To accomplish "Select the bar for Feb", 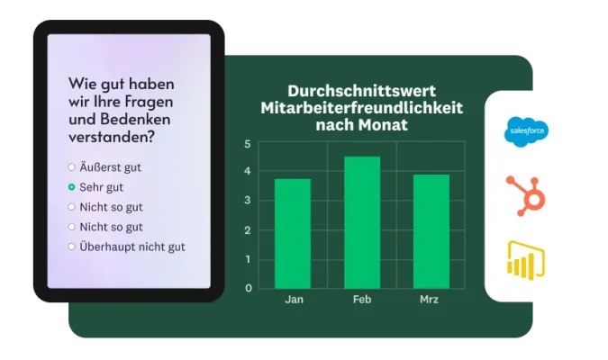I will tap(361, 222).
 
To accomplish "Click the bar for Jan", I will tap(292, 234).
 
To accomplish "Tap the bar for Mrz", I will tap(431, 231).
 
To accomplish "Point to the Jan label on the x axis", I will tap(293, 300).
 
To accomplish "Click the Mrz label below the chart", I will tap(431, 300).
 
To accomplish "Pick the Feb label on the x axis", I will tap(361, 300).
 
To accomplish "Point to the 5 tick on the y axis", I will tap(248, 144).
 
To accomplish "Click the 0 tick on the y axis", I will tap(248, 289).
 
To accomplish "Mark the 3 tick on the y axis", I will tap(248, 202).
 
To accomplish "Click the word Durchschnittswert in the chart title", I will tap(360, 91).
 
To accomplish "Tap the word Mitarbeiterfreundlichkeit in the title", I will tap(360, 108).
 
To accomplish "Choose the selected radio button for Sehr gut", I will tap(72, 187).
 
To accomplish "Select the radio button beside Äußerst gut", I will tap(72, 167).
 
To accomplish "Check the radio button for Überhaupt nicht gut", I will tap(72, 247).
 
